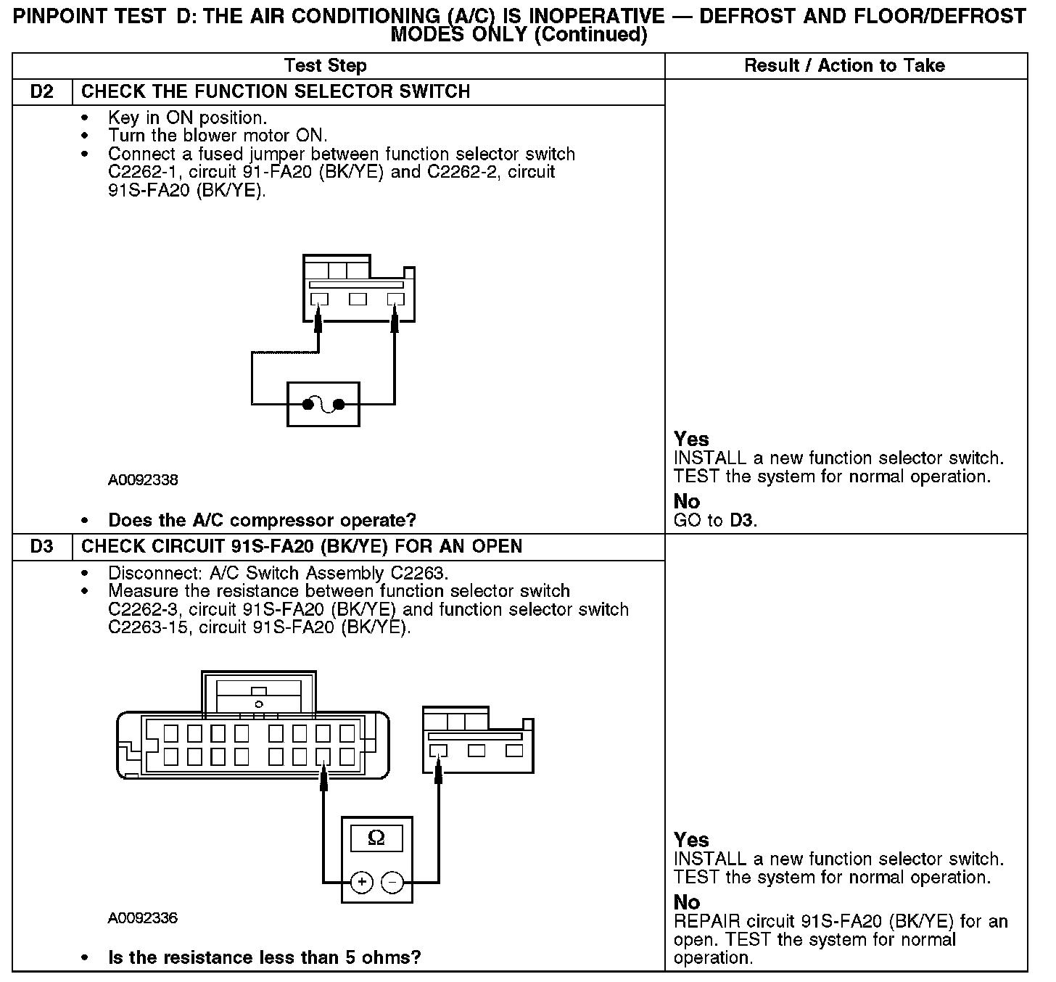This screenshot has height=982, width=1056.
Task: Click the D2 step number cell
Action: (42, 92)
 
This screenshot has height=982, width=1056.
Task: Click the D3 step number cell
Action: (42, 547)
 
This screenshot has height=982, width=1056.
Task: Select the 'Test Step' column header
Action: (326, 66)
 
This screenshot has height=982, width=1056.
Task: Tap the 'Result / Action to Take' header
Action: (845, 66)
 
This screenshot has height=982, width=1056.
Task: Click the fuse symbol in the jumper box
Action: (323, 405)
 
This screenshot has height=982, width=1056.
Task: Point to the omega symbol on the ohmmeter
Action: (376, 838)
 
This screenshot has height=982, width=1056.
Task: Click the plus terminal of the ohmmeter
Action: (361, 882)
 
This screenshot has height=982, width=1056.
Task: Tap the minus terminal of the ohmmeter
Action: (392, 882)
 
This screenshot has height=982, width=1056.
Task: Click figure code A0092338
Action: (143, 480)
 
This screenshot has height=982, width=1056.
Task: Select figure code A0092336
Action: (143, 918)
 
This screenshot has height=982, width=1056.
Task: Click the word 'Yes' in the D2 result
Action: (690, 440)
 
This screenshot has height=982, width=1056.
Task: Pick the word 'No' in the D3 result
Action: (686, 902)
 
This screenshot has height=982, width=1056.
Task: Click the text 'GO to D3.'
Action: (715, 521)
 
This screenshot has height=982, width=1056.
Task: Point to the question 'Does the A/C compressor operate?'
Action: (262, 521)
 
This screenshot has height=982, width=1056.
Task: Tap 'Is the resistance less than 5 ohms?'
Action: (264, 958)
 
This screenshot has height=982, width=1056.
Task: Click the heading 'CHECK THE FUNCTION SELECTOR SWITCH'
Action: (276, 92)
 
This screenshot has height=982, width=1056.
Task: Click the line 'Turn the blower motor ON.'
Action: (218, 136)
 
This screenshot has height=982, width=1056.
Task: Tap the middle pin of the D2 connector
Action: (358, 299)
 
